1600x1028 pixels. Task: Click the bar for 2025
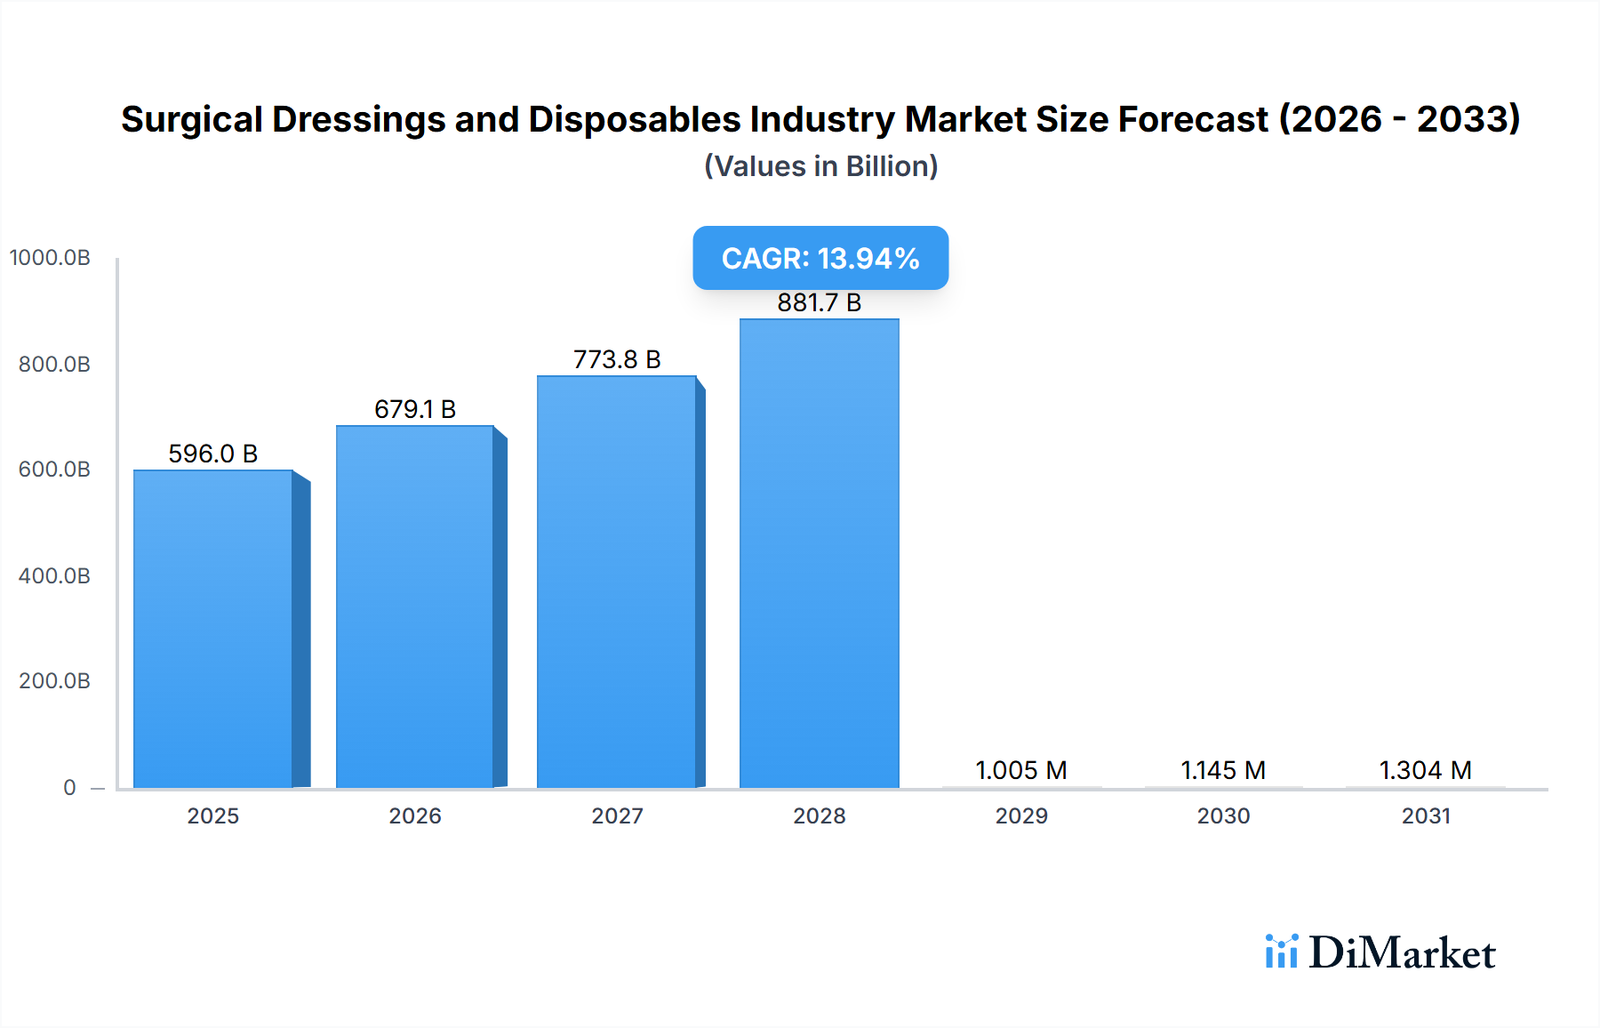click(x=213, y=629)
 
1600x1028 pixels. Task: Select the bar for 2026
click(x=415, y=606)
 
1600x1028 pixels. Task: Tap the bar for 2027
click(x=617, y=582)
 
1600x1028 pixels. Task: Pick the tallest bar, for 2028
click(x=819, y=553)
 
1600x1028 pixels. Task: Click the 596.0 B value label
click(x=213, y=454)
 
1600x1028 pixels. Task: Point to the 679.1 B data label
click(x=415, y=409)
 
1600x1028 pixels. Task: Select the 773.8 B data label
click(x=617, y=359)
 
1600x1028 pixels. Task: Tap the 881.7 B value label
click(x=819, y=302)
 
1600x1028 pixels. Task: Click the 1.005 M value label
click(x=1020, y=770)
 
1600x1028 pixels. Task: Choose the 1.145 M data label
click(x=1223, y=770)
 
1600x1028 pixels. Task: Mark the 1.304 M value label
click(x=1425, y=770)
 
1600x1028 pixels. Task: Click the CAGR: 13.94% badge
click(x=820, y=258)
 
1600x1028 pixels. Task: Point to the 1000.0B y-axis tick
click(x=50, y=258)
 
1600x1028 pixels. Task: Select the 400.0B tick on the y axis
click(x=54, y=575)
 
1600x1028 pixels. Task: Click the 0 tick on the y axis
click(x=69, y=787)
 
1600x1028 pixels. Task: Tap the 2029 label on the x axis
click(x=1021, y=815)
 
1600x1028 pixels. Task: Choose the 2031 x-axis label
click(x=1426, y=815)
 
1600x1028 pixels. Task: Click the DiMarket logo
click(x=1380, y=952)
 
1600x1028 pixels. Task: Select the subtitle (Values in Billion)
click(x=820, y=166)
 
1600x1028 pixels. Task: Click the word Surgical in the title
click(x=191, y=119)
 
